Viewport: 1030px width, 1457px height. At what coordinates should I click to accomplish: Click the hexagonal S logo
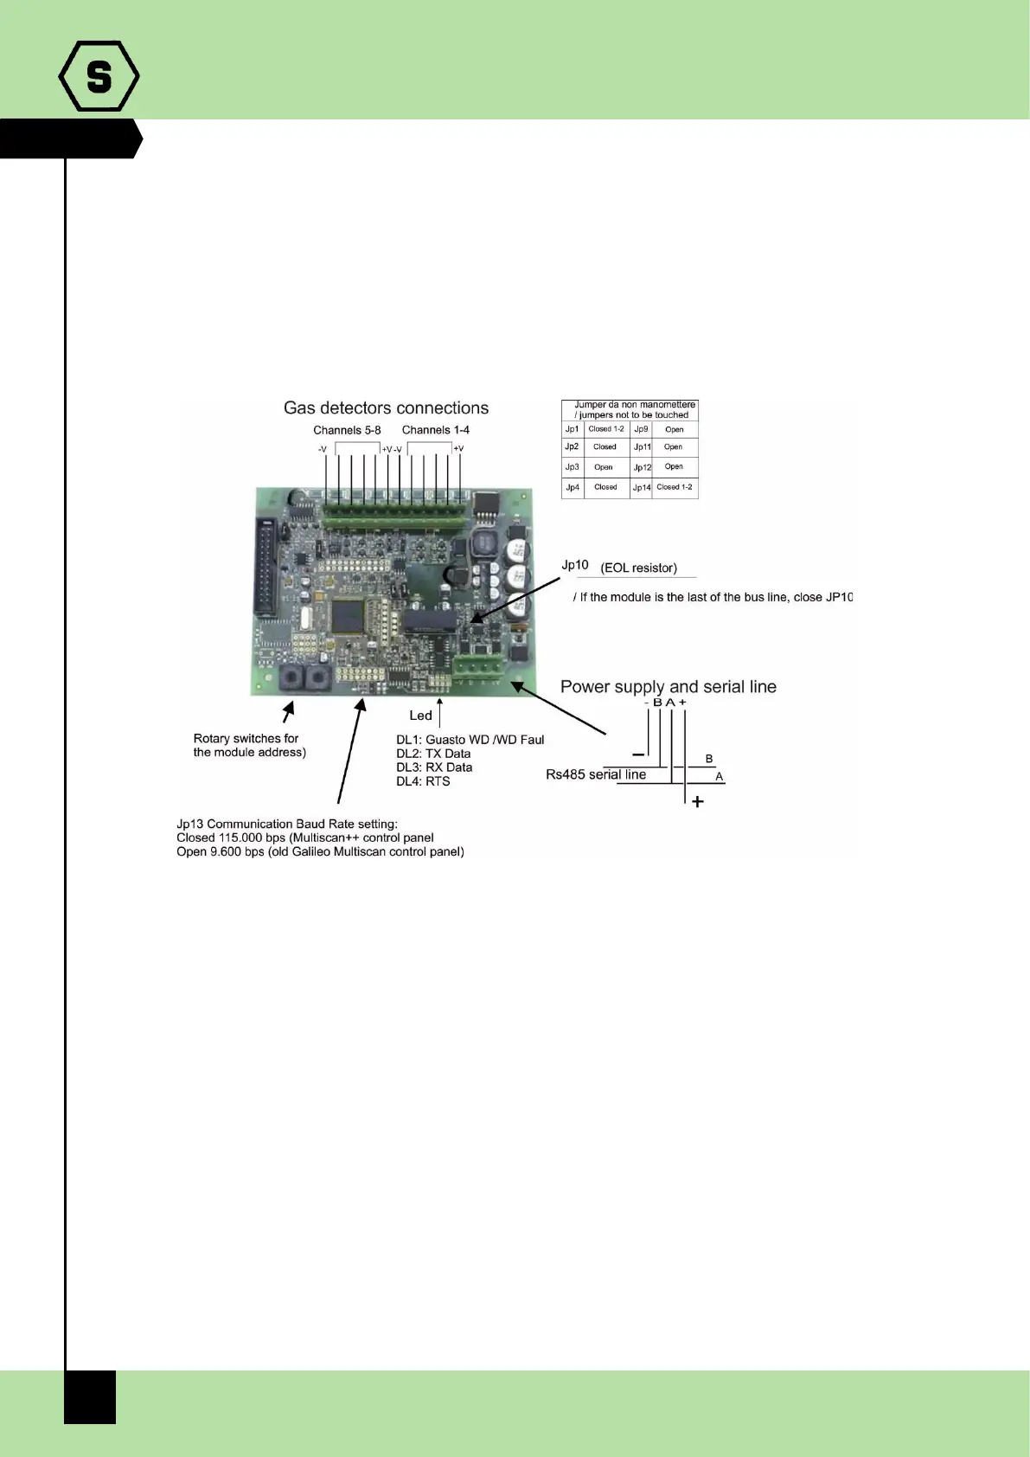pyautogui.click(x=99, y=76)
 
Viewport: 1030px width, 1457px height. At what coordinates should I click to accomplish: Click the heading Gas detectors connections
pyautogui.click(x=386, y=408)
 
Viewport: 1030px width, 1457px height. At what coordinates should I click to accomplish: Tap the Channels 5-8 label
pyautogui.click(x=347, y=430)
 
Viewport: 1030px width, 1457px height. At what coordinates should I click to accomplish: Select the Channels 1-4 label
pyautogui.click(x=436, y=430)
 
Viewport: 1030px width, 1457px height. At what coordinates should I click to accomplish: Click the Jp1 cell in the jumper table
pyautogui.click(x=572, y=429)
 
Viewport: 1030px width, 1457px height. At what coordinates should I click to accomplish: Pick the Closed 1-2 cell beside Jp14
pyautogui.click(x=675, y=487)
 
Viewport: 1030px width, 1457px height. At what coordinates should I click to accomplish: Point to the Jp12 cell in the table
pyautogui.click(x=642, y=467)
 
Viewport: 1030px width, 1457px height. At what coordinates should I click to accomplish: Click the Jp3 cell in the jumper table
pyautogui.click(x=572, y=467)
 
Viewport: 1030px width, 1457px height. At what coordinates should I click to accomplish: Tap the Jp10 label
pyautogui.click(x=575, y=565)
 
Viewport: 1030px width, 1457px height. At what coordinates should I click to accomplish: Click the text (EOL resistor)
pyautogui.click(x=638, y=568)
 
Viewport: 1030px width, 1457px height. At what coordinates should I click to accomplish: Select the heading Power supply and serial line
pyautogui.click(x=669, y=687)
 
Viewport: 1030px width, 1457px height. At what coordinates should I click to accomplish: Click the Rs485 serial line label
pyautogui.click(x=596, y=774)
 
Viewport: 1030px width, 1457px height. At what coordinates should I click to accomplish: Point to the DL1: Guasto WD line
pyautogui.click(x=470, y=740)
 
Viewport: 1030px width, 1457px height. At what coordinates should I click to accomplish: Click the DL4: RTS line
pyautogui.click(x=423, y=781)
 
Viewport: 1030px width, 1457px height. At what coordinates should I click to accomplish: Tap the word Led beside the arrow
pyautogui.click(x=420, y=716)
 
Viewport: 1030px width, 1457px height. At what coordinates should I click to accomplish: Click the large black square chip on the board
pyautogui.click(x=348, y=615)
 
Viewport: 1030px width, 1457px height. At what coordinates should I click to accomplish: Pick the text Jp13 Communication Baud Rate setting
pyautogui.click(x=287, y=824)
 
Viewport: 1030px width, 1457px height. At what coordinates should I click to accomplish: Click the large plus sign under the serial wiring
pyautogui.click(x=698, y=802)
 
